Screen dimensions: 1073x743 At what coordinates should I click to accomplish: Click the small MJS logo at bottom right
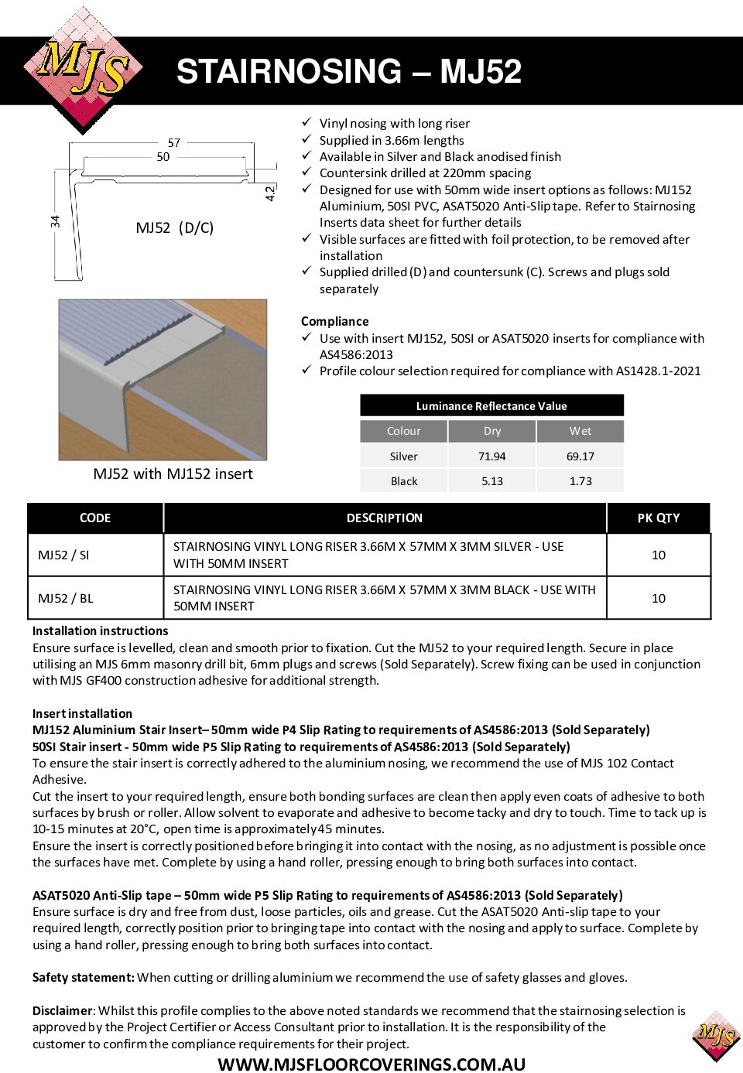pyautogui.click(x=716, y=1035)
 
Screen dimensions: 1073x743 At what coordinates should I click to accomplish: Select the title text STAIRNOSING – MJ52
pyautogui.click(x=348, y=72)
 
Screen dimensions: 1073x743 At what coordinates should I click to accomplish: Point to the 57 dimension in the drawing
pyautogui.click(x=174, y=142)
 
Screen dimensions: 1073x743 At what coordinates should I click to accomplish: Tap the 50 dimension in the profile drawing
pyautogui.click(x=163, y=156)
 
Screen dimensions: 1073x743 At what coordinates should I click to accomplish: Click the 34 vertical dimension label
pyautogui.click(x=55, y=221)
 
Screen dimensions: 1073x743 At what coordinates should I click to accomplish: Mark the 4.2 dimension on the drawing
pyautogui.click(x=269, y=193)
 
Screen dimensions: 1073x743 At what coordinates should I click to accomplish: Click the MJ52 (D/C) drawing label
pyautogui.click(x=174, y=227)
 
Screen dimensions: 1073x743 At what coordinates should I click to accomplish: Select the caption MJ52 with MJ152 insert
pyautogui.click(x=173, y=473)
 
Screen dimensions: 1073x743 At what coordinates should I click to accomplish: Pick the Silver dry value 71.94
pyautogui.click(x=491, y=456)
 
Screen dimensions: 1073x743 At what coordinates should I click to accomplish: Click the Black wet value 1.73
pyautogui.click(x=580, y=481)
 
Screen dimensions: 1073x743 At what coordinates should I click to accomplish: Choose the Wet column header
pyautogui.click(x=580, y=431)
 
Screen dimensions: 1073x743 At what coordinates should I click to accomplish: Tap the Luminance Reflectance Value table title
pyautogui.click(x=491, y=406)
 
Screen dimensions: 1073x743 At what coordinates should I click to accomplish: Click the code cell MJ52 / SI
pyautogui.click(x=63, y=555)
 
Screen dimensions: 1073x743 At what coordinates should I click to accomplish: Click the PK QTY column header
pyautogui.click(x=658, y=518)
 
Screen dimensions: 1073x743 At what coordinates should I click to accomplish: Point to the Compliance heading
pyautogui.click(x=334, y=321)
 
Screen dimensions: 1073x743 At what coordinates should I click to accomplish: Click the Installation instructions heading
pyautogui.click(x=100, y=630)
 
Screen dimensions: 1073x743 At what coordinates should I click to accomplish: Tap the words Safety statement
pyautogui.click(x=84, y=977)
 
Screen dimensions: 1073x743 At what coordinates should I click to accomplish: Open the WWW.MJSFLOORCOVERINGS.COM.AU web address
pyautogui.click(x=371, y=1064)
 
